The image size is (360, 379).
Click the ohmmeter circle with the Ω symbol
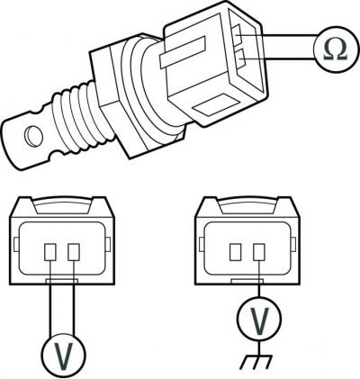tap(336, 50)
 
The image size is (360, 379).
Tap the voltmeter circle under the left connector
tap(64, 355)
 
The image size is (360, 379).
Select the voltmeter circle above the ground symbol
tap(259, 318)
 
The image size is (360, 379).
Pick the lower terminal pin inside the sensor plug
tap(240, 59)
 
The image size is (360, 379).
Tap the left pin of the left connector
tap(50, 252)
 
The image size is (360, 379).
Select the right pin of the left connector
tap(74, 252)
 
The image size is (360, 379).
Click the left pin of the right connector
tap(236, 252)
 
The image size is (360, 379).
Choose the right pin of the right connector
tap(259, 252)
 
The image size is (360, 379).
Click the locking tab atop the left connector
tap(62, 205)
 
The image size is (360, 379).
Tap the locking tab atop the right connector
tap(247, 205)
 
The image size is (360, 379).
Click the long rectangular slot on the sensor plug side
tap(183, 52)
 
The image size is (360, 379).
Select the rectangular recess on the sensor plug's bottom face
tap(217, 105)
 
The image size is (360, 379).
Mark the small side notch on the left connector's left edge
tap(16, 245)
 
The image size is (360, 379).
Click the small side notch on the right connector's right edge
tap(294, 245)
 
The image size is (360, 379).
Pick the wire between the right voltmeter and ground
tap(259, 347)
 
